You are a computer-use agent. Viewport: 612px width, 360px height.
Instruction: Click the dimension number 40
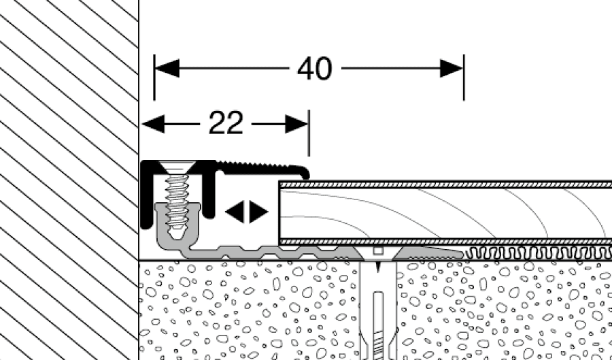[315, 69]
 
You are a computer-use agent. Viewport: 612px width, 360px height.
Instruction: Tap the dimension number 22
[225, 124]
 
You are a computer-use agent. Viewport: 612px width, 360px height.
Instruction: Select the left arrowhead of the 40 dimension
[167, 69]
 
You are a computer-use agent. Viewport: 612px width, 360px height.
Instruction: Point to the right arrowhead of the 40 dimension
[452, 69]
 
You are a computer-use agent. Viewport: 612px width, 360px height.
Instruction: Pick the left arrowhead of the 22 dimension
[154, 124]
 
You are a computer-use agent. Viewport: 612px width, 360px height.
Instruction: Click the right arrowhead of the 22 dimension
[297, 124]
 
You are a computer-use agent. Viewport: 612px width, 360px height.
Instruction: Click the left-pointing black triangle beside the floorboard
[234, 212]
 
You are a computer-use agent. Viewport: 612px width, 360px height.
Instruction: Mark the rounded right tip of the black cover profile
[307, 171]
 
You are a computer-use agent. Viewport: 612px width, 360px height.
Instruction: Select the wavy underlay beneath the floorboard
[537, 253]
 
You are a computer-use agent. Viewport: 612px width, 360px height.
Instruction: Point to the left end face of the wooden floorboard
[279, 212]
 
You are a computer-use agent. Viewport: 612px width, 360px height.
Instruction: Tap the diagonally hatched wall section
[68, 177]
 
